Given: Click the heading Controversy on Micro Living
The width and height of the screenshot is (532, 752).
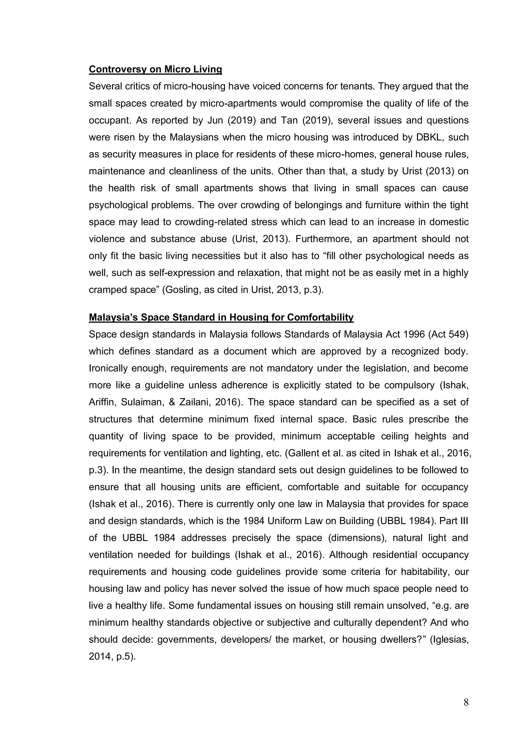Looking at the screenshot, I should click(x=155, y=69).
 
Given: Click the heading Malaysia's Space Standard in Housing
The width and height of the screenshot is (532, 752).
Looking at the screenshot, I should click(x=221, y=317).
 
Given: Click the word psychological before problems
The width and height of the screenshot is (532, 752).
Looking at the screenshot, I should click(x=119, y=205).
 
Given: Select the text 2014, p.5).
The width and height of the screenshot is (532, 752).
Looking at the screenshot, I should click(x=112, y=657).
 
